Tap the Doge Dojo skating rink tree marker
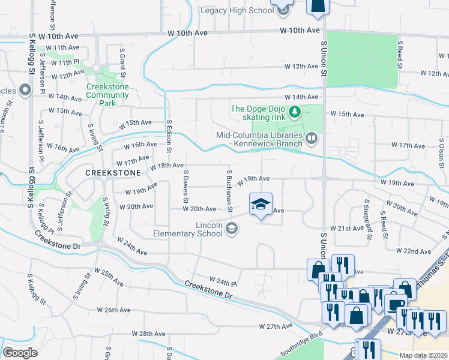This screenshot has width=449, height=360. click(295, 112)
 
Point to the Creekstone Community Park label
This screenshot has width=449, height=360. click(111, 95)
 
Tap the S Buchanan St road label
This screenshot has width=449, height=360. click(229, 190)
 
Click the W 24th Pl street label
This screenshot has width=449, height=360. click(223, 280)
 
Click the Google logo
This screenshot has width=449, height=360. click(20, 353)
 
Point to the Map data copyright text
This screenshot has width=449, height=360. click(423, 355)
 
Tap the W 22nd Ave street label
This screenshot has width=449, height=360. click(414, 250)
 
